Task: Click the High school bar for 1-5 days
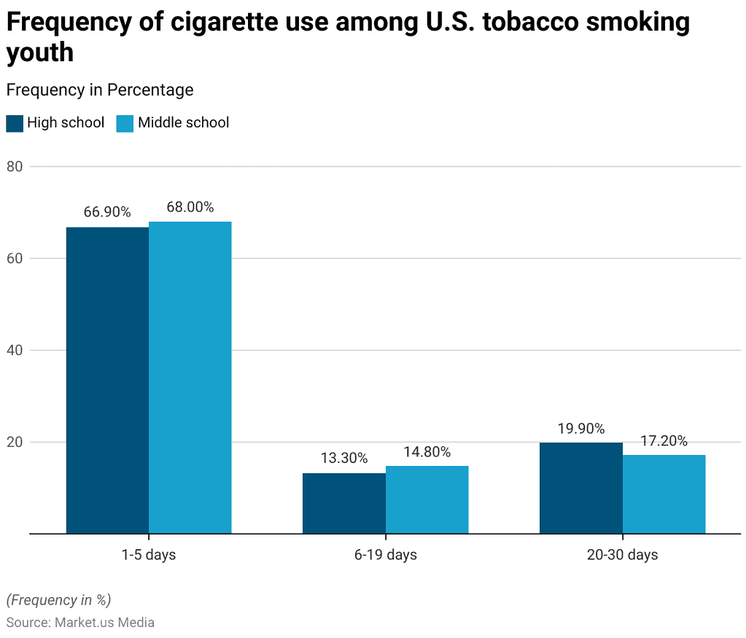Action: click(x=107, y=380)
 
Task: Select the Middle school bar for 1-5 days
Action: click(x=190, y=378)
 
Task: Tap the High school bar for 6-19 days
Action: click(x=344, y=503)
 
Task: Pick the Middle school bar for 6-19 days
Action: click(x=427, y=499)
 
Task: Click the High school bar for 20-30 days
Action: click(x=580, y=488)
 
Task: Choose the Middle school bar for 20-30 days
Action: click(x=664, y=494)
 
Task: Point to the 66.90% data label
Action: click(x=107, y=212)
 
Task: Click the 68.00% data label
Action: click(x=190, y=207)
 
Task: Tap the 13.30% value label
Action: click(x=344, y=458)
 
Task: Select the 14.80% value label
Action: click(x=427, y=452)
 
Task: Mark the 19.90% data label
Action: click(x=580, y=428)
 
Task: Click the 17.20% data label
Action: click(x=664, y=440)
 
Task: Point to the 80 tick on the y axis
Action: click(x=15, y=166)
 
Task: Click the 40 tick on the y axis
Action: click(x=15, y=350)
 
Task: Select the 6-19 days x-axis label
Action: click(x=386, y=555)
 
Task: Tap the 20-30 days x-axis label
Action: click(x=622, y=555)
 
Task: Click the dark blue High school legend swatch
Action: click(x=15, y=123)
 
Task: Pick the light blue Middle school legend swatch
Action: click(x=125, y=123)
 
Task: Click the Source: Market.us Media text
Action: click(x=80, y=623)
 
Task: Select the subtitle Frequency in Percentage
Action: click(x=100, y=90)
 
